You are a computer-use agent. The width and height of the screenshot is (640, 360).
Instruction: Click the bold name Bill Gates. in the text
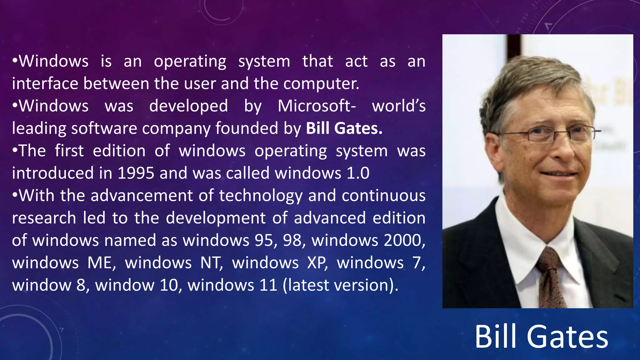[344, 128]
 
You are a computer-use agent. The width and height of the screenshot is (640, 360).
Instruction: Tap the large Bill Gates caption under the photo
[541, 337]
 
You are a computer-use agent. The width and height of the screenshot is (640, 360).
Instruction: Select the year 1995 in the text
[136, 173]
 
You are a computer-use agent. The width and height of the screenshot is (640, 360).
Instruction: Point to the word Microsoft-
[317, 106]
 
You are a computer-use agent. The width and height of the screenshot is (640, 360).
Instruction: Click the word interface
[45, 84]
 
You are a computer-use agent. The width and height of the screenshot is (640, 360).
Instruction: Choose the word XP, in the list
[317, 263]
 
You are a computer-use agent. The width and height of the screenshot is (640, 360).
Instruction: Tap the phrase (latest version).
[341, 285]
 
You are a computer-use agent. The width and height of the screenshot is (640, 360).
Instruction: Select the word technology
[261, 196]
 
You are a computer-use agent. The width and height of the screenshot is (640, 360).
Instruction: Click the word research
[44, 218]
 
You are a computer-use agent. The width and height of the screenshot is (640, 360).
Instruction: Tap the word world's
[398, 106]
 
